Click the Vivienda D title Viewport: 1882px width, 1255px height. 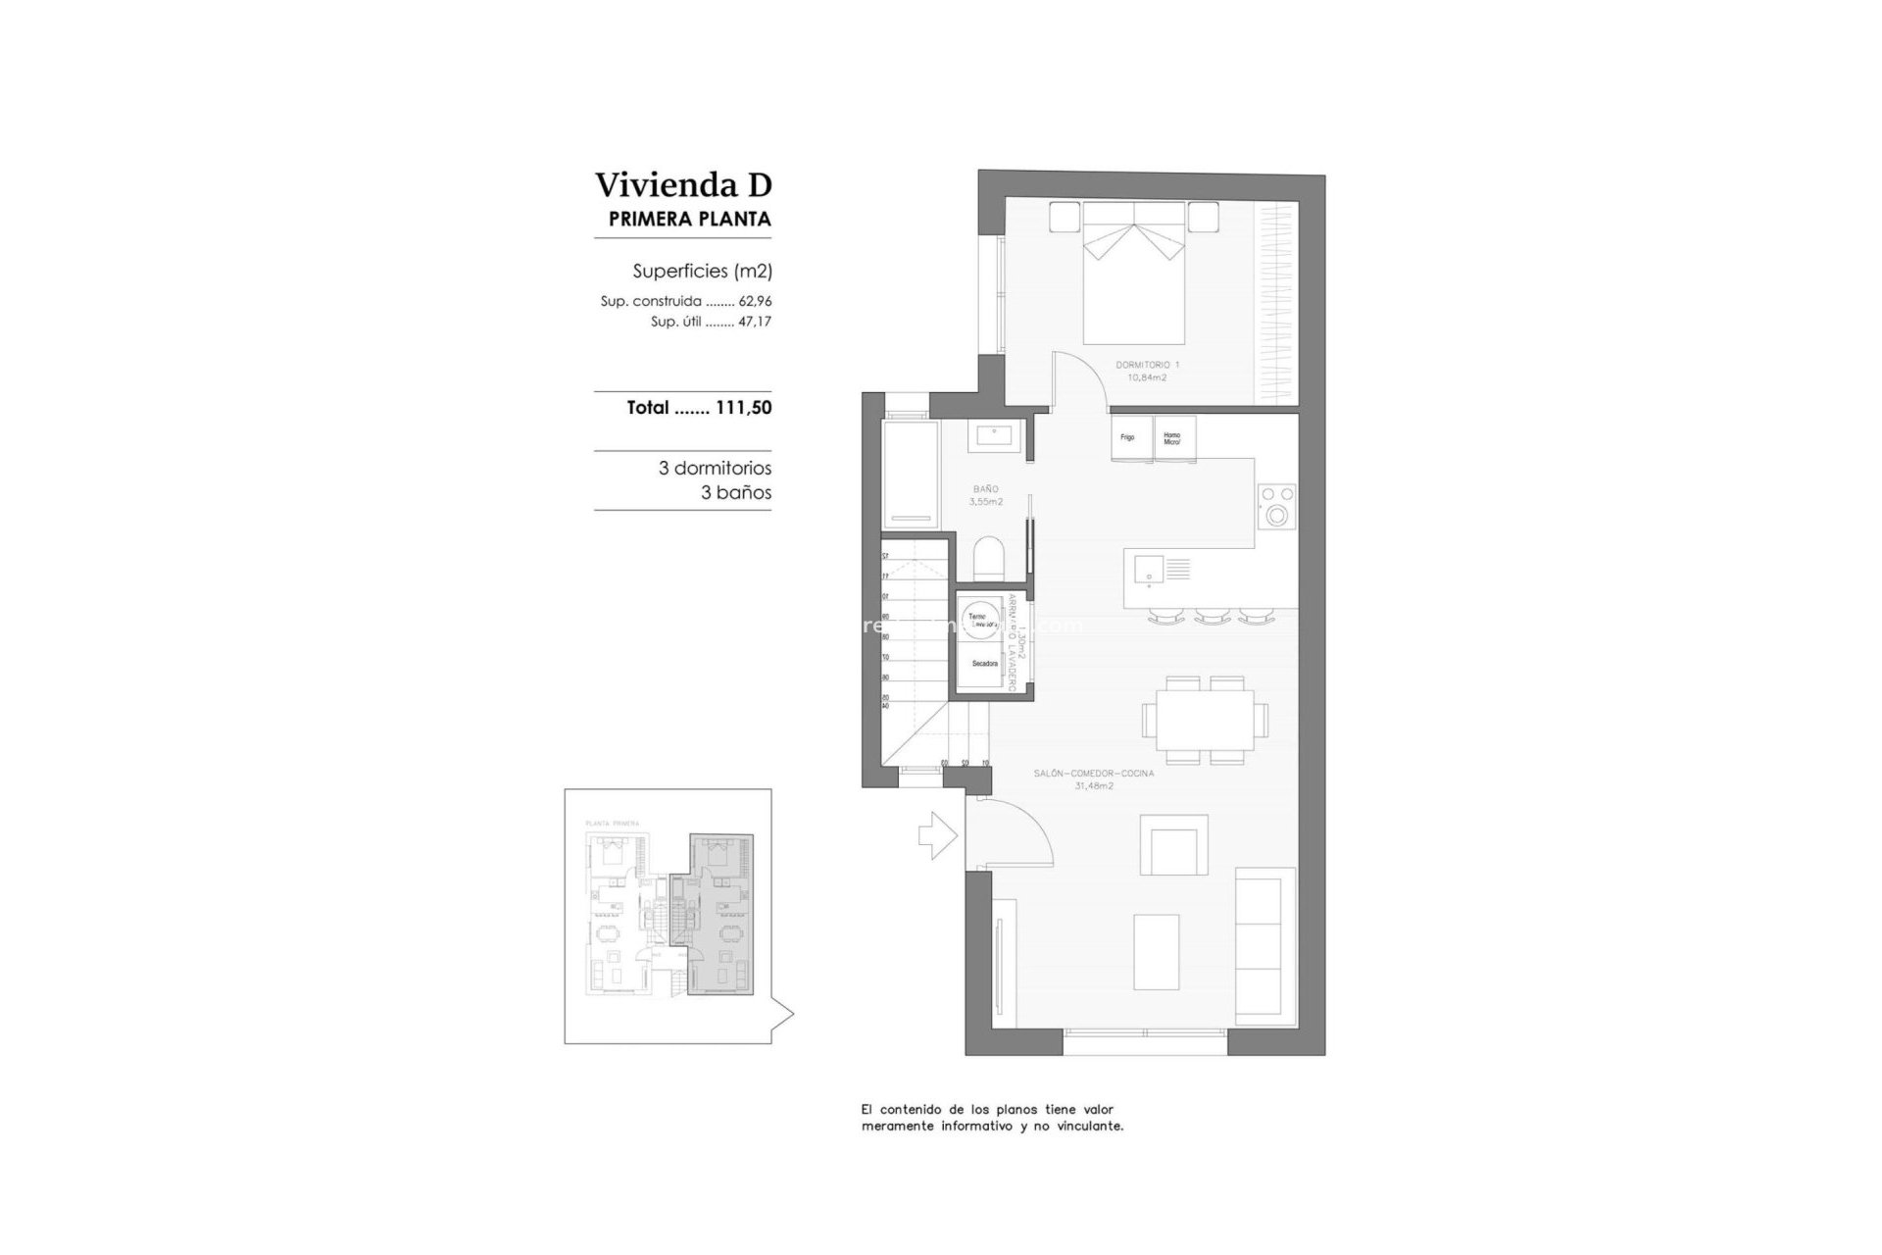click(683, 184)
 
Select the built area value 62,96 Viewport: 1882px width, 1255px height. click(755, 302)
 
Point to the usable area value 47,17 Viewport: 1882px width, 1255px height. click(755, 322)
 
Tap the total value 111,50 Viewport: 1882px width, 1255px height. click(743, 408)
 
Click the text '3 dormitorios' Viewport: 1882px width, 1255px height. click(715, 469)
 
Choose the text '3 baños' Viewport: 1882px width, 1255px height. click(735, 493)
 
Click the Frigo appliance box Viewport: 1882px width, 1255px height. click(1128, 437)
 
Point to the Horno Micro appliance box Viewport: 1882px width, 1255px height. click(1173, 437)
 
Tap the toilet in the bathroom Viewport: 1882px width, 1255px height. click(990, 559)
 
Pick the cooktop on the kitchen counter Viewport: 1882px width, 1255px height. click(1277, 505)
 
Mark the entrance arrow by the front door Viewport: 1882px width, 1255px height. click(937, 835)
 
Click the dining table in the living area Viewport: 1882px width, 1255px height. click(1205, 720)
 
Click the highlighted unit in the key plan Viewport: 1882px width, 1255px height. click(721, 915)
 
